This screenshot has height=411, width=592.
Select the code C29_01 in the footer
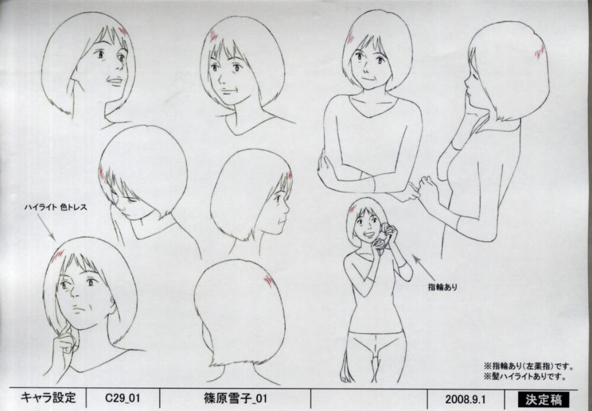pos(123,399)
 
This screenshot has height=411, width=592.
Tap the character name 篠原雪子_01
pos(234,399)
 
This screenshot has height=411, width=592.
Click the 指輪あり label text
pos(442,287)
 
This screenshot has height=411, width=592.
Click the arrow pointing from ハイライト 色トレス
pos(46,228)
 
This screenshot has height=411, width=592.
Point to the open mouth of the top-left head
pos(114,80)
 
